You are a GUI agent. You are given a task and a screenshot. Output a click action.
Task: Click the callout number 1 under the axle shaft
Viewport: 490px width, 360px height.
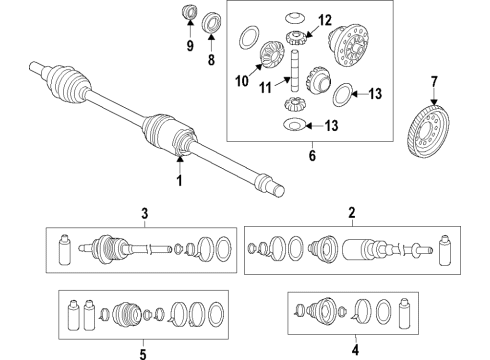(179, 180)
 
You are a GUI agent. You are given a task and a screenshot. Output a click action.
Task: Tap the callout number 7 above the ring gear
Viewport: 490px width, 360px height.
(434, 82)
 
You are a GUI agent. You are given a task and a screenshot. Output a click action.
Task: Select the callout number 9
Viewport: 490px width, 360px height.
(190, 45)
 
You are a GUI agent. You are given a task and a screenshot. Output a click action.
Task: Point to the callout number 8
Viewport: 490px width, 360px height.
(211, 60)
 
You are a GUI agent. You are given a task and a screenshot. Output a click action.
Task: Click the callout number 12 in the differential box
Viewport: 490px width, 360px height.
(325, 20)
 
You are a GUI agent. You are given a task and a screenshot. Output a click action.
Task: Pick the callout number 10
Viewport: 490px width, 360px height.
(242, 81)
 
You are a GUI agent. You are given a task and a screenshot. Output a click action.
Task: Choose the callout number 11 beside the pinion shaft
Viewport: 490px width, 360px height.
(266, 88)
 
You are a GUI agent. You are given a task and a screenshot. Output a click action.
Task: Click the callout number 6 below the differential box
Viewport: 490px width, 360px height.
(312, 155)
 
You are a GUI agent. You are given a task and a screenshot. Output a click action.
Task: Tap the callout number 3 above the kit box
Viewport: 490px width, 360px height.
(144, 213)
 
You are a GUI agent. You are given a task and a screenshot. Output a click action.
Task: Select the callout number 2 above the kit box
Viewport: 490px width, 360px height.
(352, 212)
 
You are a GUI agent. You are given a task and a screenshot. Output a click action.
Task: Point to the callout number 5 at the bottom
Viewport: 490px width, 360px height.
(143, 354)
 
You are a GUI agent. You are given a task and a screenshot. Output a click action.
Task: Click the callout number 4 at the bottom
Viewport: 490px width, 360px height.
(355, 350)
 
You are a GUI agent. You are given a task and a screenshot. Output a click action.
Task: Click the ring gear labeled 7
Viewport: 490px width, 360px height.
(428, 131)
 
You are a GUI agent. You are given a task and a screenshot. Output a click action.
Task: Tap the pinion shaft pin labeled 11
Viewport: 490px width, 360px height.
(294, 70)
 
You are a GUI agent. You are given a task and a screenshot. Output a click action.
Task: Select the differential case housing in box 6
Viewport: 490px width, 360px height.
(349, 45)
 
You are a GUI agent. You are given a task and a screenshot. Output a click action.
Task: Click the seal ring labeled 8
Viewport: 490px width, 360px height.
(210, 22)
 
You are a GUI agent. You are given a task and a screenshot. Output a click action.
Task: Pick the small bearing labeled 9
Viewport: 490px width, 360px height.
(189, 12)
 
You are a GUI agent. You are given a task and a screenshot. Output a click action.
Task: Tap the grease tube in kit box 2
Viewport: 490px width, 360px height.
(444, 250)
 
